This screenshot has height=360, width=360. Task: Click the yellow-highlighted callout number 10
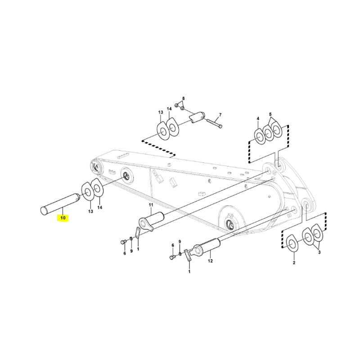click(x=63, y=217)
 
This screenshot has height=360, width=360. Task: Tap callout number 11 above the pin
click(x=151, y=205)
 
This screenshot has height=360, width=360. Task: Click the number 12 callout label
click(x=210, y=261)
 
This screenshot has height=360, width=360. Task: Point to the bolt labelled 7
click(x=215, y=123)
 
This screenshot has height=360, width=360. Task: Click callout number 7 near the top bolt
click(x=220, y=114)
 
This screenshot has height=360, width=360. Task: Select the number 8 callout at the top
click(x=183, y=99)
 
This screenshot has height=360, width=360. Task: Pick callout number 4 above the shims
click(x=258, y=118)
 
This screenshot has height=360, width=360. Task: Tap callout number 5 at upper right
click(x=270, y=114)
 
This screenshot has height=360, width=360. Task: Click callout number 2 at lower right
click(x=294, y=263)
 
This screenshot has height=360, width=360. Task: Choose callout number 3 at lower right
click(x=319, y=252)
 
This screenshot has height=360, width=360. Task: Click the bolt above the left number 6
click(x=123, y=242)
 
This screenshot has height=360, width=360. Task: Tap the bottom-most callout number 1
click(x=189, y=272)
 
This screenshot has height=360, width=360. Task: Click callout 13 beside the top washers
click(x=161, y=112)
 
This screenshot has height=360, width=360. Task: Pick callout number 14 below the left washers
click(x=99, y=207)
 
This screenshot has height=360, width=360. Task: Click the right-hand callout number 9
click(x=180, y=241)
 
